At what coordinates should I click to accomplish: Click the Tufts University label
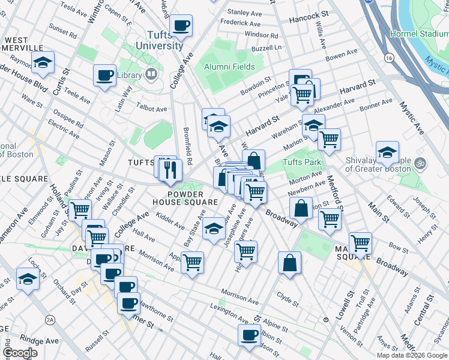159,40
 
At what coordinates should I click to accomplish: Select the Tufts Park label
303,162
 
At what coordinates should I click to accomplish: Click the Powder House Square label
193,198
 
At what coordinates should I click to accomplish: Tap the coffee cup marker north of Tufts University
181,26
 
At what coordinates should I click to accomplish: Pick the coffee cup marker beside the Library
105,76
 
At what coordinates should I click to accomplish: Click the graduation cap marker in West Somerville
43,62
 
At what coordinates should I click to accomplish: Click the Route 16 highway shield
390,58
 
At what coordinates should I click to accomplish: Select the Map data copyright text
412,355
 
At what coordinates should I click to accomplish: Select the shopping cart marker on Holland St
80,209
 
